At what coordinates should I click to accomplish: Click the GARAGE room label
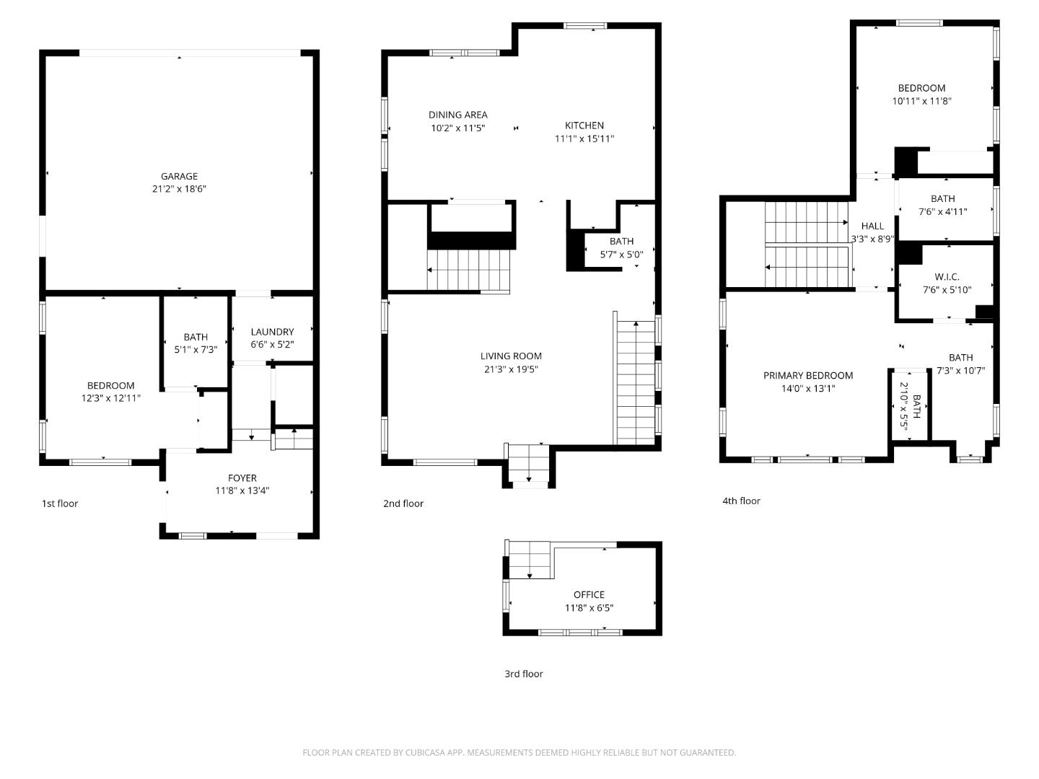[x=179, y=176]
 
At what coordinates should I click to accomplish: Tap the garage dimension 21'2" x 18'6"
[x=179, y=189]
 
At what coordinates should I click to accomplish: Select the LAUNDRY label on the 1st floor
[x=272, y=332]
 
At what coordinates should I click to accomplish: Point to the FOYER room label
[x=242, y=477]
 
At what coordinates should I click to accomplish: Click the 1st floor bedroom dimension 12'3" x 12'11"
[x=110, y=398]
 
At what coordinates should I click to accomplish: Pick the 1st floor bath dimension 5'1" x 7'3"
[x=196, y=350]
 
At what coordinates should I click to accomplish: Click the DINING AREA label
[x=457, y=115]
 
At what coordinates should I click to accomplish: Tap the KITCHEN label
[x=584, y=126]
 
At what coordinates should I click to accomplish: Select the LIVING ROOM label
[x=511, y=356]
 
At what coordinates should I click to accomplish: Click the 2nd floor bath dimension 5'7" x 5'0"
[x=621, y=255]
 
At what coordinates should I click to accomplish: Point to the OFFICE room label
[x=589, y=594]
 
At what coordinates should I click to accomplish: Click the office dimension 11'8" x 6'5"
[x=589, y=608]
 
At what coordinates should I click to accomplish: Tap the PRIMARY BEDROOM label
[x=808, y=375]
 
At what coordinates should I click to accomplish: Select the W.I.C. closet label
[x=947, y=277]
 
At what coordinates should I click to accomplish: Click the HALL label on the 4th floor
[x=872, y=226]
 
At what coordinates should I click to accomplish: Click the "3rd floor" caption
[x=523, y=674]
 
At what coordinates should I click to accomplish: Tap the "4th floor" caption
[x=741, y=501]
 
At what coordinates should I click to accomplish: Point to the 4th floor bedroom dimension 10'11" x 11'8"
[x=921, y=102]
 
